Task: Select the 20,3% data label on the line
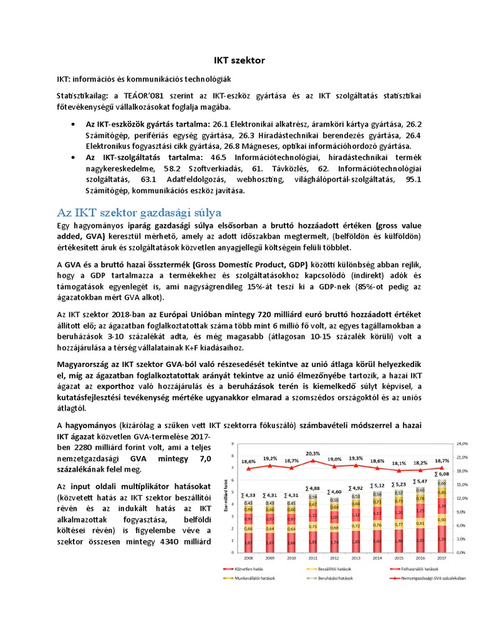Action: (x=313, y=453)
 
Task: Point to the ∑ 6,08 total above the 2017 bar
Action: (x=442, y=473)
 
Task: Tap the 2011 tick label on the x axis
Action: (x=312, y=557)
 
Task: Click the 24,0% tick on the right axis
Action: (x=462, y=444)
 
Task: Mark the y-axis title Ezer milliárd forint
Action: (x=225, y=498)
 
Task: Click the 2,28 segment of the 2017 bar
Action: (x=442, y=540)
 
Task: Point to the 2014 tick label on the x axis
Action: (x=377, y=557)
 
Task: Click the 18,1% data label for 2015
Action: (x=399, y=463)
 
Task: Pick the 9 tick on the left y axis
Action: (x=232, y=444)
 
